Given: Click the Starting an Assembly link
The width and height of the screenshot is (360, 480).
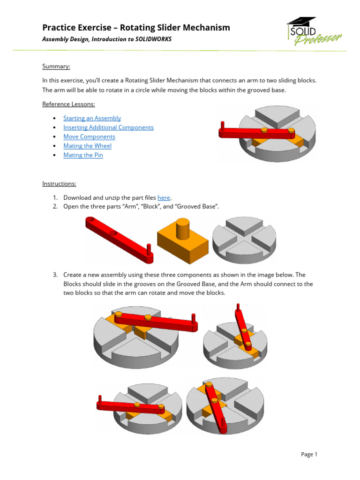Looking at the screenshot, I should click(92, 118).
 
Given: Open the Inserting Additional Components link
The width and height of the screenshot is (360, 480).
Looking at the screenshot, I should click(108, 127).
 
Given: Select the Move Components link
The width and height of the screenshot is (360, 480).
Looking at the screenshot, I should click(89, 136).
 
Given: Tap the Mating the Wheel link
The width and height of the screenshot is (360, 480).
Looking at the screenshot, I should click(87, 146).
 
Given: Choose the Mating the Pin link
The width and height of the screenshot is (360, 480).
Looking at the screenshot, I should click(83, 155).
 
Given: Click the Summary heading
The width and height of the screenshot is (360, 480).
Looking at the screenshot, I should click(56, 67).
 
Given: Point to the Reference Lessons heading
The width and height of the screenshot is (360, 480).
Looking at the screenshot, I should click(68, 104).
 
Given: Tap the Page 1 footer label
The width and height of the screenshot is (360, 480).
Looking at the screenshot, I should click(309, 454).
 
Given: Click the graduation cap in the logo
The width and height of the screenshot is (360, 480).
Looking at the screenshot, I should click(301, 22).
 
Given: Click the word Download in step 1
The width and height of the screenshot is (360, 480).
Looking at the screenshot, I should click(78, 198).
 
